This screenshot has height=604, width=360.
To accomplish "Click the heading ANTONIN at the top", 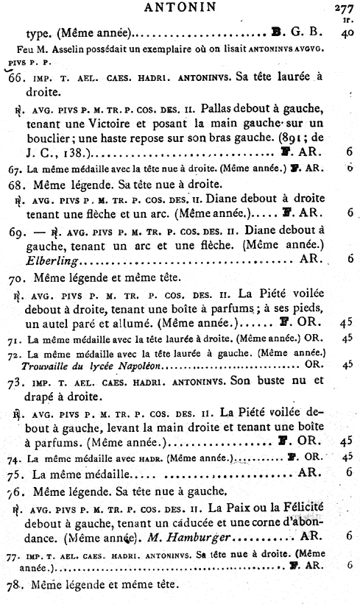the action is pyautogui.click(x=174, y=9).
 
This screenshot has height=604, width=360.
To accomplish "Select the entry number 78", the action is pyautogui.click(x=15, y=585).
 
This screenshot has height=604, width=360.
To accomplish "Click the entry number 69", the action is pyautogui.click(x=17, y=230).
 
